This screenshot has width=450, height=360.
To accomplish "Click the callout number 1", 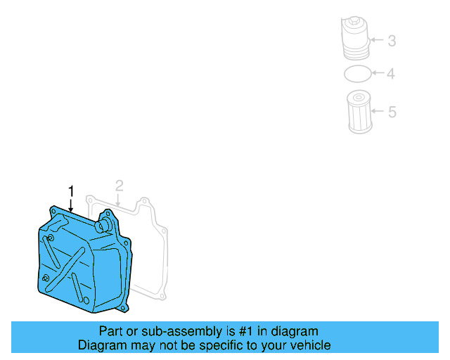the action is tap(70, 191).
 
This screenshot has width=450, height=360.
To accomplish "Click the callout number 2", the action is tap(119, 186).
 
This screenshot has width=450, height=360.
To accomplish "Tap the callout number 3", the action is tap(392, 41).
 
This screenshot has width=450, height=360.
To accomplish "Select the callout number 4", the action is tap(392, 73).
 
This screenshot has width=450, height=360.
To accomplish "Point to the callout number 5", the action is tap(392, 111).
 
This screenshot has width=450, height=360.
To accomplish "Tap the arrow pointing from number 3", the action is tap(376, 41).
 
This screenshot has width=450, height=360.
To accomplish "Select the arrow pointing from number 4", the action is tap(378, 73).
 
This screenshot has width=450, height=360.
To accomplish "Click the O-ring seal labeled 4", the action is tap(357, 73).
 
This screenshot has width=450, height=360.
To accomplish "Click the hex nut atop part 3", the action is tap(354, 23).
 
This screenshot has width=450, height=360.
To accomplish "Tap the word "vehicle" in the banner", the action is tap(309, 345).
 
